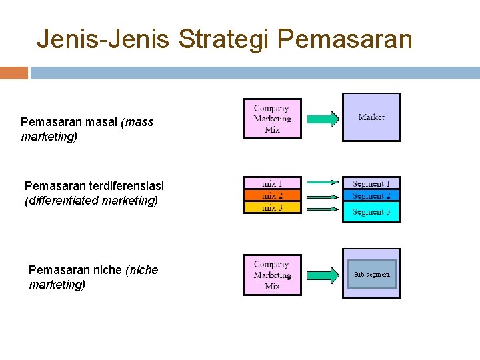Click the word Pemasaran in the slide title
(x=345, y=39)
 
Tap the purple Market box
(x=371, y=117)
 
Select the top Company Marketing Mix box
(x=272, y=119)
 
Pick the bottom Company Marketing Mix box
(x=272, y=275)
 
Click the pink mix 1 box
(x=272, y=183)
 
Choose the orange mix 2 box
(x=272, y=195)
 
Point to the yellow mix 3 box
(x=272, y=207)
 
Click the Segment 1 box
(x=371, y=183)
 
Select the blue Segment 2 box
(x=371, y=195)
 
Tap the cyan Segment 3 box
(x=371, y=212)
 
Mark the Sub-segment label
(x=372, y=274)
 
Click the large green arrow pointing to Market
(x=323, y=119)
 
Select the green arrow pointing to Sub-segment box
(x=323, y=275)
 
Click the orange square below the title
(x=14, y=73)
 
